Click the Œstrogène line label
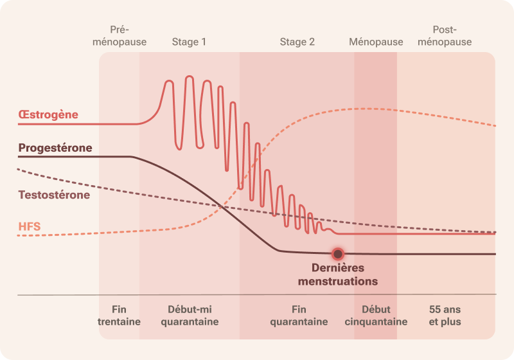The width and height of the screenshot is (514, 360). [48, 114]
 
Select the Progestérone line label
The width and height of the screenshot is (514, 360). [55, 148]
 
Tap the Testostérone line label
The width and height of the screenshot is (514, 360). [54, 194]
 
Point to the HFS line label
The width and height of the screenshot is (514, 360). [30, 226]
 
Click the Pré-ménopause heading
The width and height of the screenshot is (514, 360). [120, 36]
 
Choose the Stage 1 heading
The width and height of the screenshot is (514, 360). [189, 42]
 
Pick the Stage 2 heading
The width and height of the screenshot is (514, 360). [297, 42]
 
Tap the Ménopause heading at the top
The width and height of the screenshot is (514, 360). [376, 42]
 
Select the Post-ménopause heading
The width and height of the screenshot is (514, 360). [445, 36]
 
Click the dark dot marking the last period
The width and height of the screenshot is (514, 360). [337, 254]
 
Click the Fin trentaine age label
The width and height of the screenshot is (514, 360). [119, 316]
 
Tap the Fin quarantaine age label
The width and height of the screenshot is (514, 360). [299, 316]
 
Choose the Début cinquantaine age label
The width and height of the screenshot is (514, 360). [376, 316]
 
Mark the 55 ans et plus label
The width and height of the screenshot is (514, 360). [445, 316]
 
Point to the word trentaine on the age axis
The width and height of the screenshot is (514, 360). [119, 321]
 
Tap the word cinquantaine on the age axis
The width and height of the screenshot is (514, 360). [376, 321]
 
